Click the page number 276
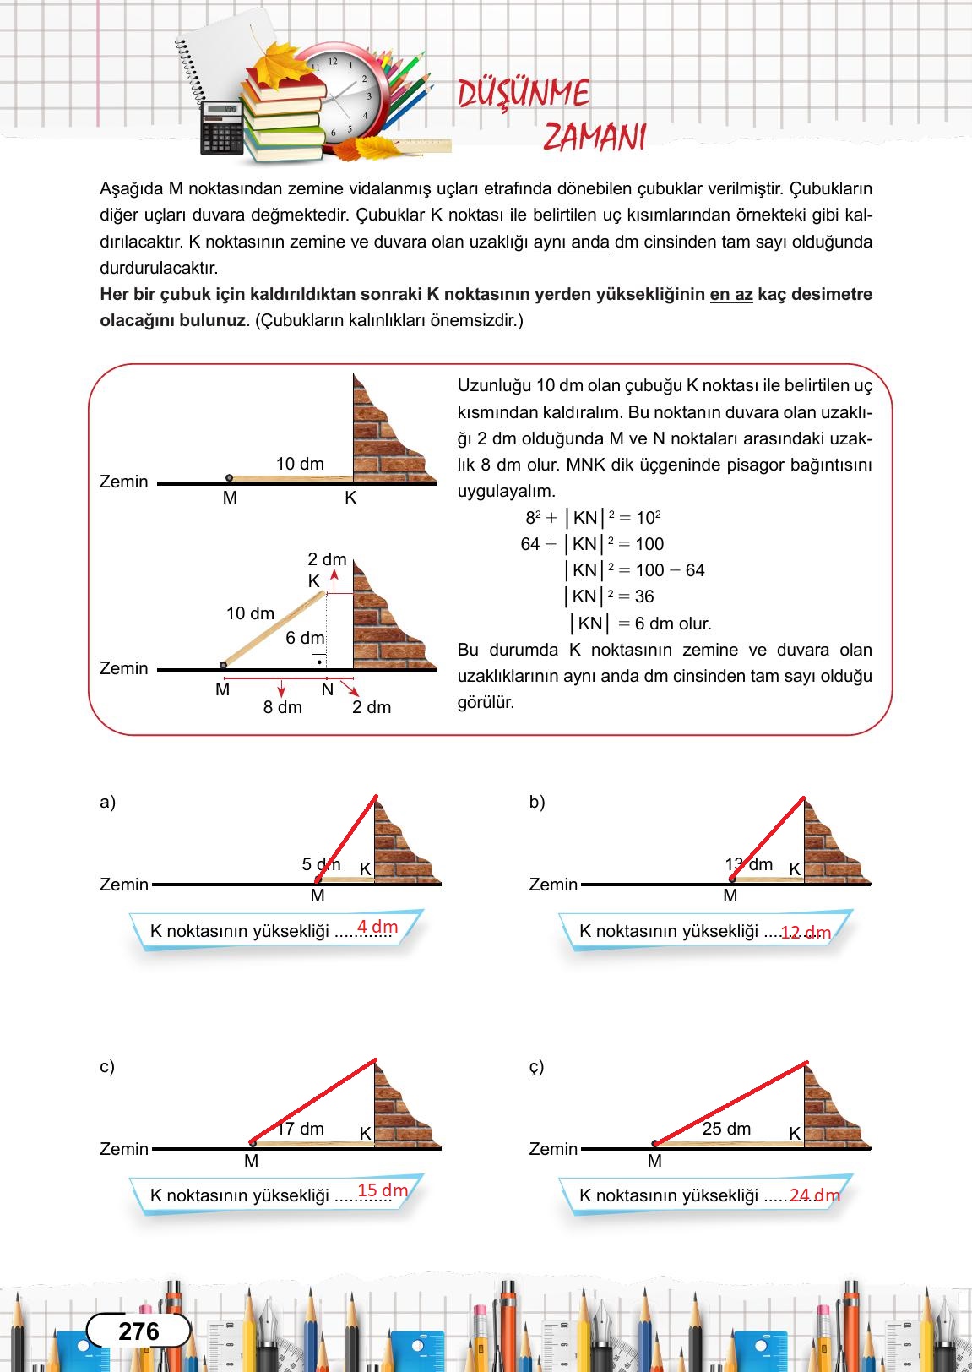[x=138, y=1331]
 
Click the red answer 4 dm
[x=377, y=927]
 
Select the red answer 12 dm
[x=806, y=933]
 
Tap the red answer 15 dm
[x=383, y=1190]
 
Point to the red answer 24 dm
[x=814, y=1195]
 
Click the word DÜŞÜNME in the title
[x=523, y=93]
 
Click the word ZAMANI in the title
[x=594, y=136]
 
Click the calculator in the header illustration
[x=221, y=129]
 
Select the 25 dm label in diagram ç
[x=726, y=1129]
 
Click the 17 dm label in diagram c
[x=301, y=1129]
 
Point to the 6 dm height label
[x=305, y=638]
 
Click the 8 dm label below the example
[x=282, y=707]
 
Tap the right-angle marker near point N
[x=318, y=661]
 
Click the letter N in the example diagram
[x=328, y=689]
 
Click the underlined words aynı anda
[x=571, y=242]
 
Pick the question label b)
[x=537, y=802]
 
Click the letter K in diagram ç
[x=794, y=1134]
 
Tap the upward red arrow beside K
[x=334, y=578]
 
